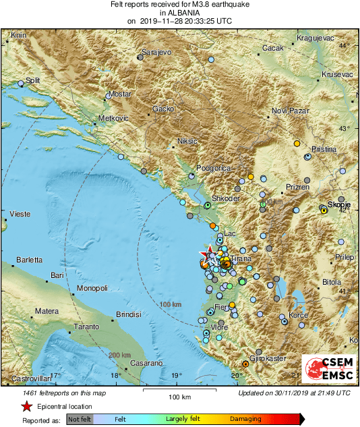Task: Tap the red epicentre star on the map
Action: (x=206, y=255)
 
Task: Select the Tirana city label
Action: (x=241, y=258)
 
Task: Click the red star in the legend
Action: (x=26, y=406)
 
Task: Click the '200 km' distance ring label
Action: (x=120, y=355)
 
